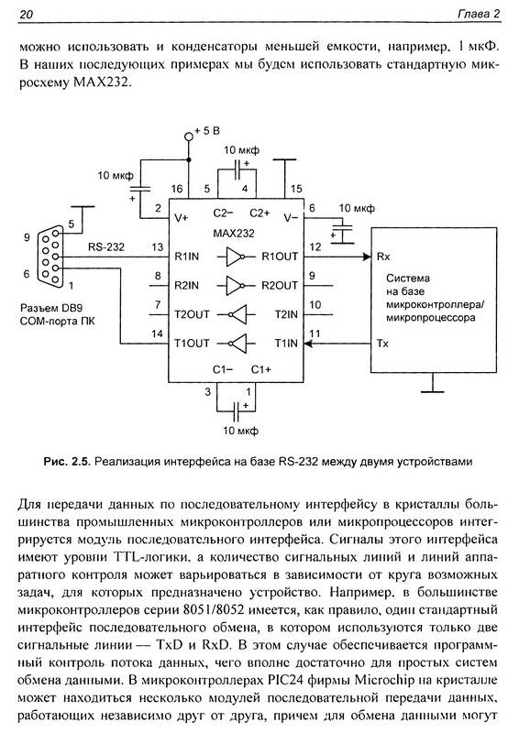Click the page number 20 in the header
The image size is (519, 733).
pos(27,15)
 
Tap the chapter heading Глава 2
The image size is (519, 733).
pos(479,14)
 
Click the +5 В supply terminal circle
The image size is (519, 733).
pos(189,136)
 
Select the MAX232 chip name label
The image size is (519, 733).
pos(234,234)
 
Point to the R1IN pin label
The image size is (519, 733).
pos(186,257)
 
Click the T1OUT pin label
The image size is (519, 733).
pos(192,344)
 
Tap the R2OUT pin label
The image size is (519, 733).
pos(280,286)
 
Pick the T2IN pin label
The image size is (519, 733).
pos(286,314)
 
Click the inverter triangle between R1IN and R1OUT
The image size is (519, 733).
pos(235,257)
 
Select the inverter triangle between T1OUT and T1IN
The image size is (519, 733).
pos(237,344)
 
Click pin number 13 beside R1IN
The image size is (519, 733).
pos(158,246)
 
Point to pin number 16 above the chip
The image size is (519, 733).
pos(177,189)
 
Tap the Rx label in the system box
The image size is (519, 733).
pos(383,257)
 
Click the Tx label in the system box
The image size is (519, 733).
pos(382,344)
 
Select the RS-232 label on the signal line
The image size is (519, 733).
pos(106,246)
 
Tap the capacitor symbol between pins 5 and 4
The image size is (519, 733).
pos(237,170)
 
